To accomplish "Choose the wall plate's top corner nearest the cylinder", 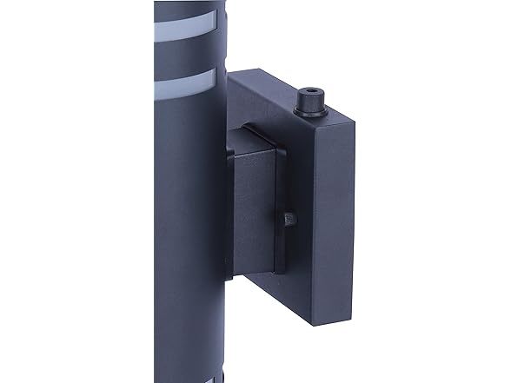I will [x=229, y=74].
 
